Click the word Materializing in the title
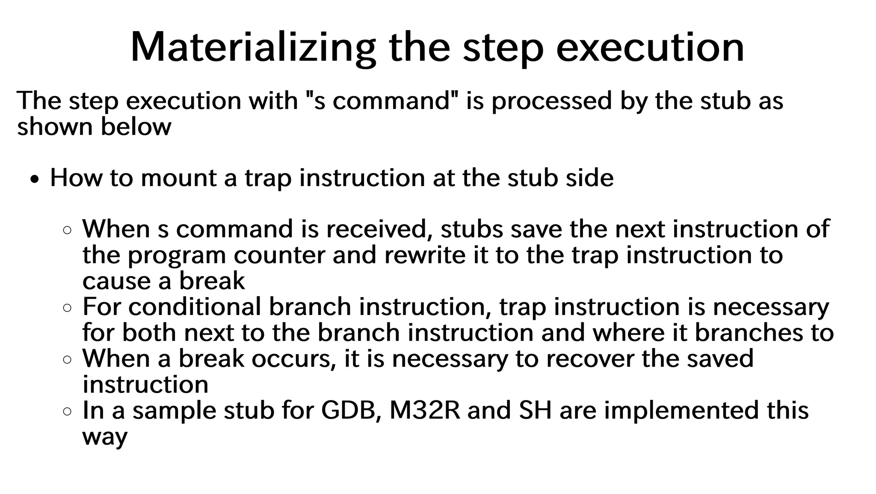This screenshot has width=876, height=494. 253,48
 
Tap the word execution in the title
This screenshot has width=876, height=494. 650,48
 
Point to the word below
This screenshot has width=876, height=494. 136,127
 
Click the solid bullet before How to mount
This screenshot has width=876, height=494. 36,180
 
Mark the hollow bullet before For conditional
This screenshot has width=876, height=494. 67,308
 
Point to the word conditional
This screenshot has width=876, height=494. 195,307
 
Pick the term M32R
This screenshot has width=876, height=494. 425,411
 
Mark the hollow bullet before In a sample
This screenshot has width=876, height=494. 67,412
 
